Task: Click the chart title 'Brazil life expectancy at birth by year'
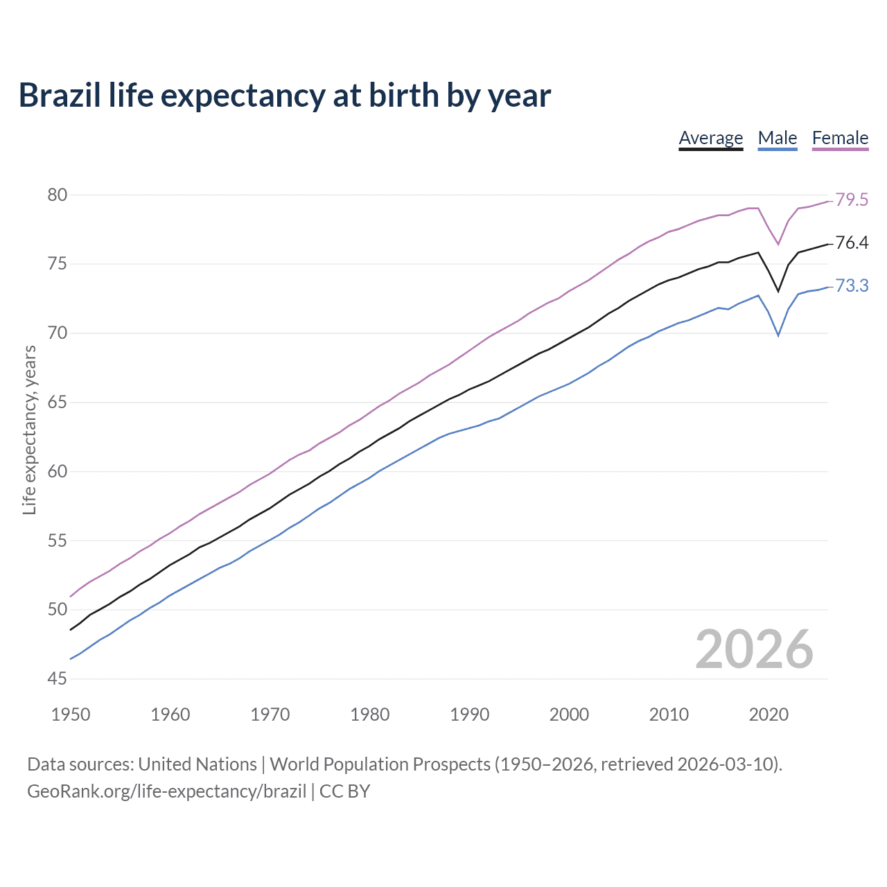pyautogui.click(x=284, y=96)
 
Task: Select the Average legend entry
pyautogui.click(x=710, y=138)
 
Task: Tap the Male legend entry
pyautogui.click(x=777, y=138)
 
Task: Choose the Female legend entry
pyautogui.click(x=840, y=138)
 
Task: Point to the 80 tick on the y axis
pyautogui.click(x=58, y=195)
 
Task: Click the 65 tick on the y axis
pyautogui.click(x=58, y=403)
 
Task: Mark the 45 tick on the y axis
pyautogui.click(x=58, y=679)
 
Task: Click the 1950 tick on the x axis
pyautogui.click(x=71, y=714)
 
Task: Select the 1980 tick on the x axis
pyautogui.click(x=369, y=714)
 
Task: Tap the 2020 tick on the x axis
pyautogui.click(x=768, y=714)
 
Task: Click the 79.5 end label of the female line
pyautogui.click(x=852, y=200)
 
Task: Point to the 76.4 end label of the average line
pyautogui.click(x=852, y=243)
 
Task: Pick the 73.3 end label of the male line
pyautogui.click(x=852, y=286)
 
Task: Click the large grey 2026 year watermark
pyautogui.click(x=754, y=649)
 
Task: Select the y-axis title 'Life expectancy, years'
pyautogui.click(x=29, y=430)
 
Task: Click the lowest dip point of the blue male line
pyautogui.click(x=778, y=336)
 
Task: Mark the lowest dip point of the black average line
pyautogui.click(x=778, y=292)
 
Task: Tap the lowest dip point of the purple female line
pyautogui.click(x=778, y=245)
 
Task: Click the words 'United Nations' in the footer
pyautogui.click(x=197, y=764)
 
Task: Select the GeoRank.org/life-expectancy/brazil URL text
pyautogui.click(x=166, y=791)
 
